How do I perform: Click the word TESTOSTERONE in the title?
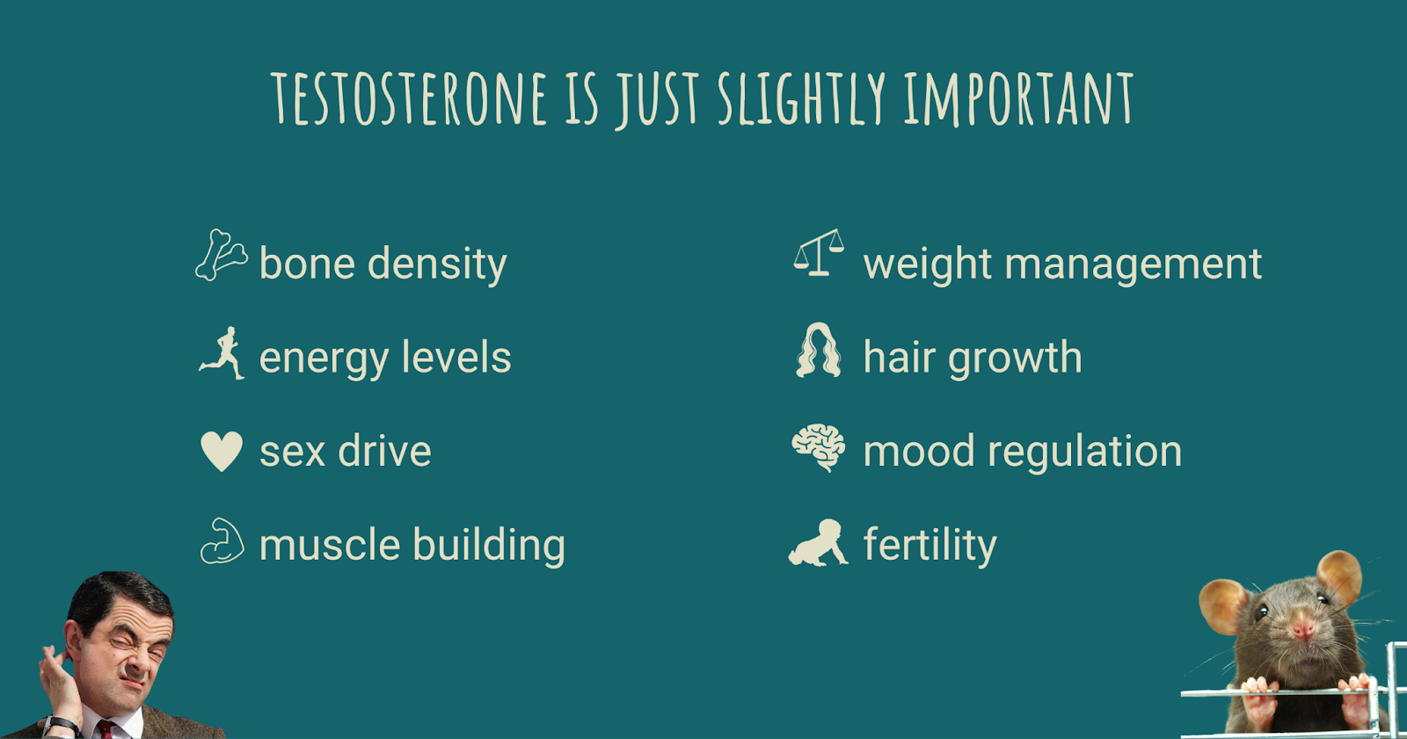[408, 98]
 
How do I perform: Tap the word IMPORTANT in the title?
[1019, 98]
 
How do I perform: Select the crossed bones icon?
[221, 254]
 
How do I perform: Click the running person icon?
[222, 353]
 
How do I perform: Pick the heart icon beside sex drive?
[221, 451]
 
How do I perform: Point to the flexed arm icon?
[222, 540]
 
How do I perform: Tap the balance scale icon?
[819, 252]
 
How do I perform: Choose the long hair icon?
[818, 351]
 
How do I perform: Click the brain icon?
[818, 447]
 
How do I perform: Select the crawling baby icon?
[818, 543]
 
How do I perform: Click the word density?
[437, 264]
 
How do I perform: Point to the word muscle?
[330, 544]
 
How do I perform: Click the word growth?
[1015, 359]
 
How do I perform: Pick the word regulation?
[1085, 452]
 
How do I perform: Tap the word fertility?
[930, 545]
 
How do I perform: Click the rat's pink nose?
[1303, 628]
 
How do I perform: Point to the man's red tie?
[106, 729]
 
